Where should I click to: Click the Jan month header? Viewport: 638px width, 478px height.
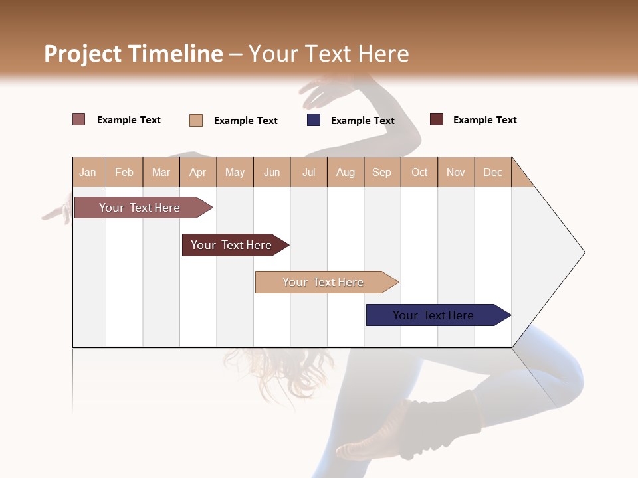pos(88,172)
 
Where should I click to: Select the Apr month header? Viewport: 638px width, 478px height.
pos(197,172)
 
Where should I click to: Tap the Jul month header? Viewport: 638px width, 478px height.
pos(308,172)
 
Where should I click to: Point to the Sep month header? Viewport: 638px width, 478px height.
pos(381,172)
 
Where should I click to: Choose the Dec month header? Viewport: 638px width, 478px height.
pos(492,172)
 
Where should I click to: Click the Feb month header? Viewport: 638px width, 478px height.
pos(124,172)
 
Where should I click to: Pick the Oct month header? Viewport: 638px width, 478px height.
pos(419,172)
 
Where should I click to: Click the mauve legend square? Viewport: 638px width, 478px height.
pos(78,119)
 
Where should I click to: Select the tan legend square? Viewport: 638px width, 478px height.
pos(196,120)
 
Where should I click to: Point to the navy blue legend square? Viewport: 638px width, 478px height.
pos(314,120)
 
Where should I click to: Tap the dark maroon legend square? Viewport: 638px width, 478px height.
pos(437,119)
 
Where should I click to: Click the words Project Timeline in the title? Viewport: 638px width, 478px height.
pos(134,54)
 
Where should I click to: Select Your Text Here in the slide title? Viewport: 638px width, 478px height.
pos(328,54)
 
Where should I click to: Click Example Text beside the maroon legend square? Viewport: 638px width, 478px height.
pos(484,120)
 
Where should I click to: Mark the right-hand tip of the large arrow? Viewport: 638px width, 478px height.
pos(584,252)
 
